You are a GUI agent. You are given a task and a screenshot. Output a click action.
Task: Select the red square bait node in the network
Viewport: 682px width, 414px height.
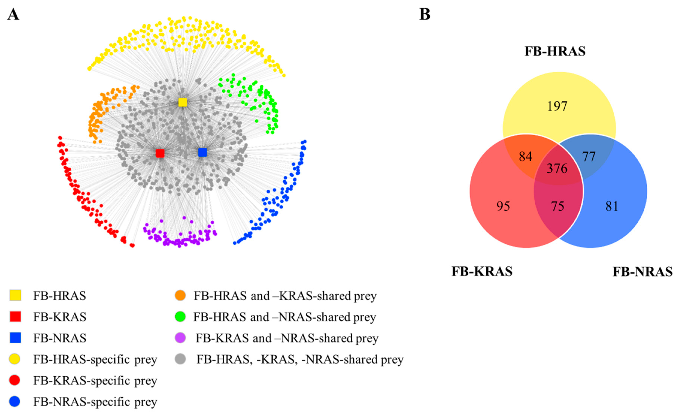(160, 153)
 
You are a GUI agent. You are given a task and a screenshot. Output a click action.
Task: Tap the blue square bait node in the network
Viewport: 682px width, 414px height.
(203, 152)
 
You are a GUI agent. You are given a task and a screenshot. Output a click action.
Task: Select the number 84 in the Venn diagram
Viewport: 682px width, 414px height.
(525, 156)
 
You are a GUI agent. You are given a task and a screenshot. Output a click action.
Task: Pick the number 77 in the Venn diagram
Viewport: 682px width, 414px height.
(589, 157)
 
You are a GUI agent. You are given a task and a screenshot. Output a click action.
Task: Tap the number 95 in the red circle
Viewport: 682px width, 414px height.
(503, 206)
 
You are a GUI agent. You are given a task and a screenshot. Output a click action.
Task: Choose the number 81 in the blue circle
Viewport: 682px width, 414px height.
(612, 206)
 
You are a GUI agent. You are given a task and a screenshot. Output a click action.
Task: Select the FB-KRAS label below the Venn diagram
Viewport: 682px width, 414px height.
(482, 271)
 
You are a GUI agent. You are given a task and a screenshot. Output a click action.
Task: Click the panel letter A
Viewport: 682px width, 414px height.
(13, 15)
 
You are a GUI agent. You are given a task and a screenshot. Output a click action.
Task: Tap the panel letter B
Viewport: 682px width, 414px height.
(425, 15)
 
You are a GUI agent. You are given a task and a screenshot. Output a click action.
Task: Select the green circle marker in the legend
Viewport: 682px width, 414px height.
(180, 317)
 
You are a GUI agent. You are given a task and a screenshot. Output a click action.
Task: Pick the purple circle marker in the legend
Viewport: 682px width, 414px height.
(180, 338)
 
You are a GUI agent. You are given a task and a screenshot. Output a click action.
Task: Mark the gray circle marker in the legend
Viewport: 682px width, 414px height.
(180, 359)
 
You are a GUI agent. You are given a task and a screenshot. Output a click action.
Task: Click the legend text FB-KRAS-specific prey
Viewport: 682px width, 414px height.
(95, 381)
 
